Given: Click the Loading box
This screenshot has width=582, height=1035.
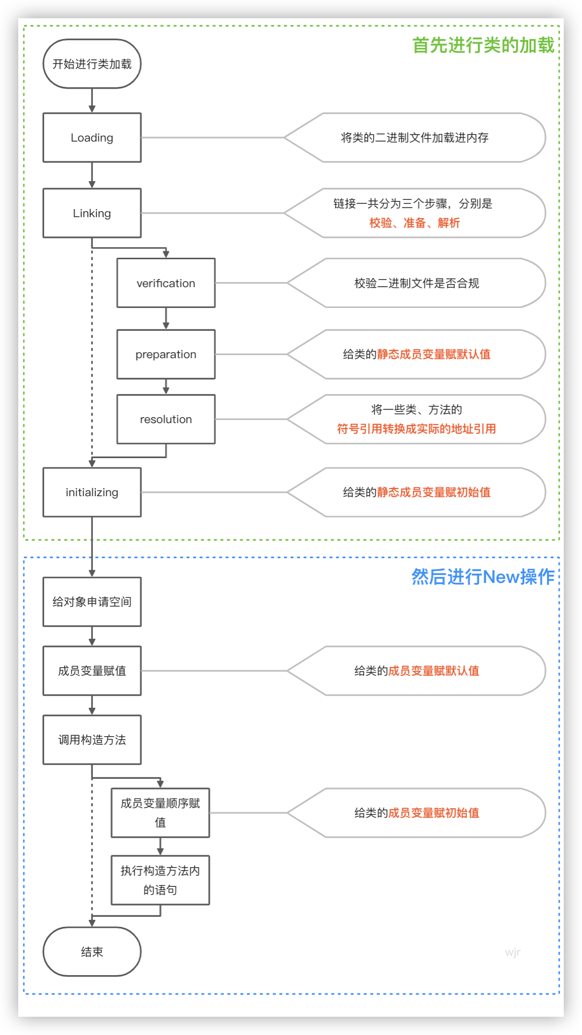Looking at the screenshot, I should pyautogui.click(x=92, y=137).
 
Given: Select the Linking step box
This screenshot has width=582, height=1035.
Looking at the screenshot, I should pyautogui.click(x=92, y=213).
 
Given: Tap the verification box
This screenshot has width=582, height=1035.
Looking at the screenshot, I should pyautogui.click(x=166, y=283).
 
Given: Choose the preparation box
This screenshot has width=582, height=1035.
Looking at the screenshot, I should pyautogui.click(x=166, y=354).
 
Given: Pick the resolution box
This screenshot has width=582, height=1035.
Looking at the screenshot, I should pyautogui.click(x=166, y=419).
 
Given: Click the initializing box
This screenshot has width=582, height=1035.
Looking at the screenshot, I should pyautogui.click(x=92, y=492).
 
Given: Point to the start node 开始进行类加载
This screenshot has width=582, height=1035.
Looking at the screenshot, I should pyautogui.click(x=92, y=64).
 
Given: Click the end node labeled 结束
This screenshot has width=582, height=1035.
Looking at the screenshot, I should pyautogui.click(x=92, y=952).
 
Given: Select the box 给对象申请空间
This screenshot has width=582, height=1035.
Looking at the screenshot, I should pyautogui.click(x=92, y=602).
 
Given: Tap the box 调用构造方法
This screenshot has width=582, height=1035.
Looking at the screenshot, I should pyautogui.click(x=92, y=740).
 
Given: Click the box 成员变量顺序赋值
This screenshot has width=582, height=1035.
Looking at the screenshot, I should pyautogui.click(x=160, y=812).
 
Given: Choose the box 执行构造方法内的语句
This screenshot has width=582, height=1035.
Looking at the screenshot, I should pyautogui.click(x=160, y=880).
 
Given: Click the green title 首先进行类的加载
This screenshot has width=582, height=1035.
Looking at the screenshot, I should pyautogui.click(x=483, y=45).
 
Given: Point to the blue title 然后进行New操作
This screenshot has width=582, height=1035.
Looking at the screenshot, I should pyautogui.click(x=483, y=577).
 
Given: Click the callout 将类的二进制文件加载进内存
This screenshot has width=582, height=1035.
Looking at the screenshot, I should pyautogui.click(x=415, y=137).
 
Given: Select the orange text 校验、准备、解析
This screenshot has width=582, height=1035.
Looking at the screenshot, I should pyautogui.click(x=415, y=223).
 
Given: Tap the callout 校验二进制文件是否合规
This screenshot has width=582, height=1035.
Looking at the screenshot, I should pyautogui.click(x=417, y=283).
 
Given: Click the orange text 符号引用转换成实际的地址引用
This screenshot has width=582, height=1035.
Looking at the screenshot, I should pyautogui.click(x=417, y=429).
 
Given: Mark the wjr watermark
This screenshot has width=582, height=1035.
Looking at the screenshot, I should pyautogui.click(x=513, y=952).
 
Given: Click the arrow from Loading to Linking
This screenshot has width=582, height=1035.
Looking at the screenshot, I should pyautogui.click(x=92, y=175).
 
